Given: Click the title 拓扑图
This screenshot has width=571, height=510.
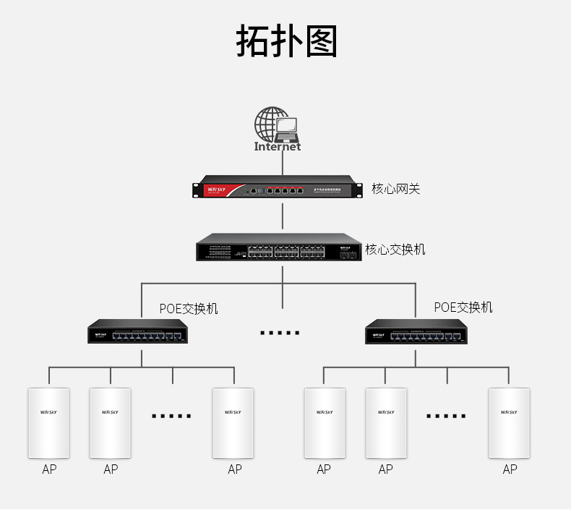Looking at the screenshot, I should tap(286, 41).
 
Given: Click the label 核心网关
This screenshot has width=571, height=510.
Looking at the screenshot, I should tap(395, 189).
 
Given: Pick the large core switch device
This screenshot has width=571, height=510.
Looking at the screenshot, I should tap(278, 248).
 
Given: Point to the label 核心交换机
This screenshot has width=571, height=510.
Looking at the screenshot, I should tap(395, 250).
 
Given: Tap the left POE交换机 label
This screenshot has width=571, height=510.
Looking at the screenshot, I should tap(189, 309).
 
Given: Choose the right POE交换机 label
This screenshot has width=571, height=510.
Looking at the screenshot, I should tap(463, 307).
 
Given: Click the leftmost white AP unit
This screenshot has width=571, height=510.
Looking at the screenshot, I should tap(48, 423).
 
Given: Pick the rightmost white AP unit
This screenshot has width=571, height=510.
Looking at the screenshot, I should tap(510, 423).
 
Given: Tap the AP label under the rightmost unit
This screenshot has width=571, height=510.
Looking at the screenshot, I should tap(510, 469).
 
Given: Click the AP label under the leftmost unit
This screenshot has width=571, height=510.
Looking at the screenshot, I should tap(48, 469).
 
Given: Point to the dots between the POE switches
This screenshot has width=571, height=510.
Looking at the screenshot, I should tap(280, 333).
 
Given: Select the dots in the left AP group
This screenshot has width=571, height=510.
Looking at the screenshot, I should tap(172, 416).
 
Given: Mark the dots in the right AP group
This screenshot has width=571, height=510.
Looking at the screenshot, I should tap(446, 416).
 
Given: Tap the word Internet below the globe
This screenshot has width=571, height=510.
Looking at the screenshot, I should tap(278, 147).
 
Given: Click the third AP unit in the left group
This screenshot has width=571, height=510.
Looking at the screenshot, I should tap(233, 423).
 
